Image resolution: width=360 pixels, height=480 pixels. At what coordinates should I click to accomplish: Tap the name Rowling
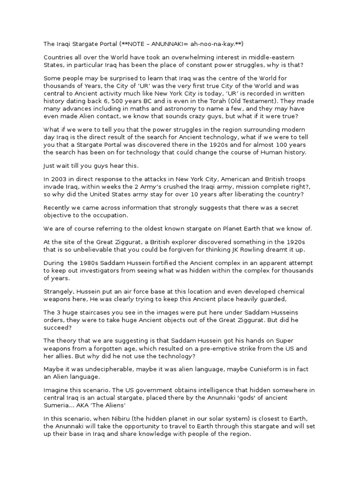coord(253,249)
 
